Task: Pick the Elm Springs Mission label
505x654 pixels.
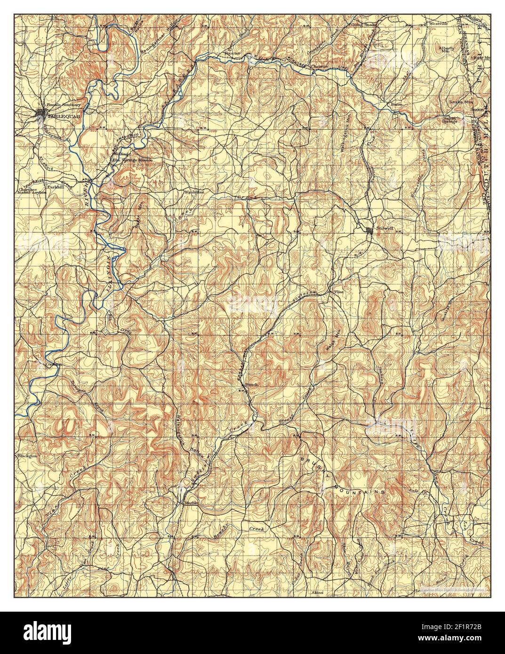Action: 131,160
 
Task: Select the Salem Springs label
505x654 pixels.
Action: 449,120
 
